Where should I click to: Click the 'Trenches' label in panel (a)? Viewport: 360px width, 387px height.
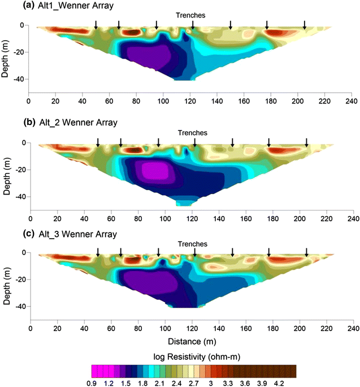click(x=192, y=15)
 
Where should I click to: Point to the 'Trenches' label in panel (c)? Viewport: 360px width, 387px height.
click(x=193, y=244)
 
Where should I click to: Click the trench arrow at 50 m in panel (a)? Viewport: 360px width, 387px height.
click(x=96, y=25)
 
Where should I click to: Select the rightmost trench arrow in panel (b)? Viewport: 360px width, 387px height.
click(x=306, y=142)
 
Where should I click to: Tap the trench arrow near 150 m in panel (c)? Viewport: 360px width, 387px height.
click(x=232, y=252)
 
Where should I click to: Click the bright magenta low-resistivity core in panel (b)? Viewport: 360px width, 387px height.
click(x=150, y=170)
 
